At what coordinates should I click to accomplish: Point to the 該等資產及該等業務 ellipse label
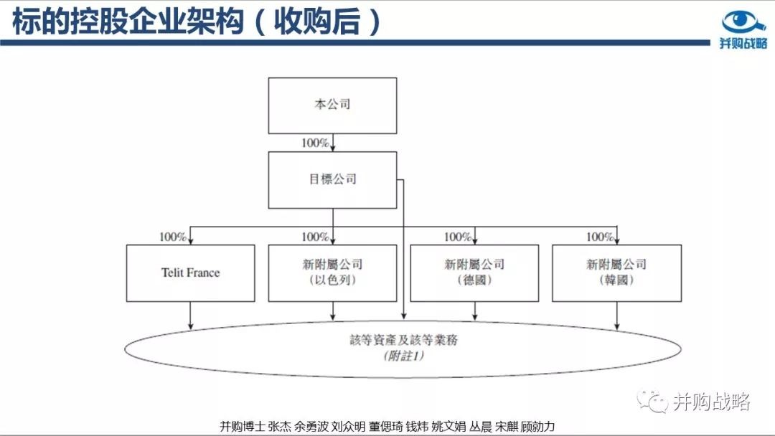[x=403, y=340]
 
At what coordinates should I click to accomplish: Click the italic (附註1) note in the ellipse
[x=403, y=356]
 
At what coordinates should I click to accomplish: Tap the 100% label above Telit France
[x=172, y=237]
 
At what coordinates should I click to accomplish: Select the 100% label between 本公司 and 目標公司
[x=315, y=143]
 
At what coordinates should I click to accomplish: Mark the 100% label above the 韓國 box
[x=599, y=237]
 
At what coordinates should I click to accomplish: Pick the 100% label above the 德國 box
[x=457, y=237]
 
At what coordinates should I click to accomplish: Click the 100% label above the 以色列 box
[x=315, y=237]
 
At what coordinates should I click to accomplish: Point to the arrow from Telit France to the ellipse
[x=190, y=316]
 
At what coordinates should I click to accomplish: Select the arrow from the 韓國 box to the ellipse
[x=616, y=316]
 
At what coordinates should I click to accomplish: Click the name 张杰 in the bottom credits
[x=279, y=427]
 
